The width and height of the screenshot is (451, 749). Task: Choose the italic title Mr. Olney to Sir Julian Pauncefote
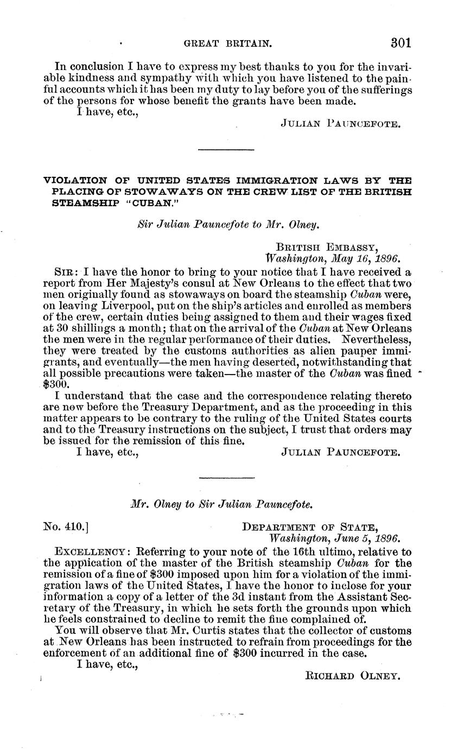pos(221,504)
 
